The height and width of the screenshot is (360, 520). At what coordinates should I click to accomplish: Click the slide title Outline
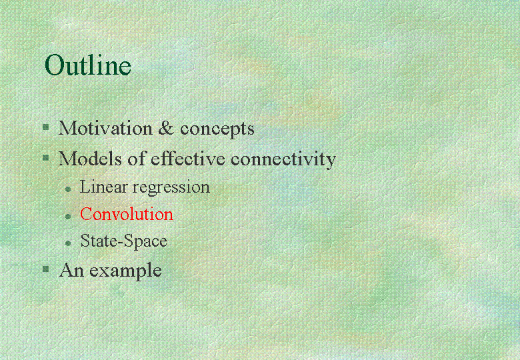tap(88, 65)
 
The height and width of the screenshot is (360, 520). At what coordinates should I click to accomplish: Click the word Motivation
tap(105, 128)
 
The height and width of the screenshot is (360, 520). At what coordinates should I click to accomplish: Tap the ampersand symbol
tap(166, 128)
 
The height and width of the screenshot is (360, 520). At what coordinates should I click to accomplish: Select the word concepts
tap(217, 129)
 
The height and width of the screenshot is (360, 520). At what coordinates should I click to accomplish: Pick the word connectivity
tap(283, 160)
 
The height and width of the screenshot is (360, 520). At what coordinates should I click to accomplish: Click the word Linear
tap(103, 187)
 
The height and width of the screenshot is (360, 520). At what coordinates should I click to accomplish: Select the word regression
tap(171, 188)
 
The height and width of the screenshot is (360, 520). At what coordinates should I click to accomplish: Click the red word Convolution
tap(127, 214)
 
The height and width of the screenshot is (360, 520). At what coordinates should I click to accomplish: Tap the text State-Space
tap(124, 241)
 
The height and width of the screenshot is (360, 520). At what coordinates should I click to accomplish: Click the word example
tap(126, 271)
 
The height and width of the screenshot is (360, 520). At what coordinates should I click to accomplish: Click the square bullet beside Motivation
tap(46, 127)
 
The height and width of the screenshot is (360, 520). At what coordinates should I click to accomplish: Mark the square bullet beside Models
tap(46, 157)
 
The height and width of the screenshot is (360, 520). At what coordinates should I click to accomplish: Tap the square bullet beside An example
tap(46, 269)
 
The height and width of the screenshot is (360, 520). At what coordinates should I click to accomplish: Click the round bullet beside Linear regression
tap(68, 189)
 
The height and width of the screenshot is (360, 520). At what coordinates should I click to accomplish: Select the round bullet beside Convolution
tap(68, 217)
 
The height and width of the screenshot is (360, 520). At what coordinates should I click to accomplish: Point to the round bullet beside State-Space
tap(68, 243)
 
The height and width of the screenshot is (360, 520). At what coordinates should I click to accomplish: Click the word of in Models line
tap(136, 159)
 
